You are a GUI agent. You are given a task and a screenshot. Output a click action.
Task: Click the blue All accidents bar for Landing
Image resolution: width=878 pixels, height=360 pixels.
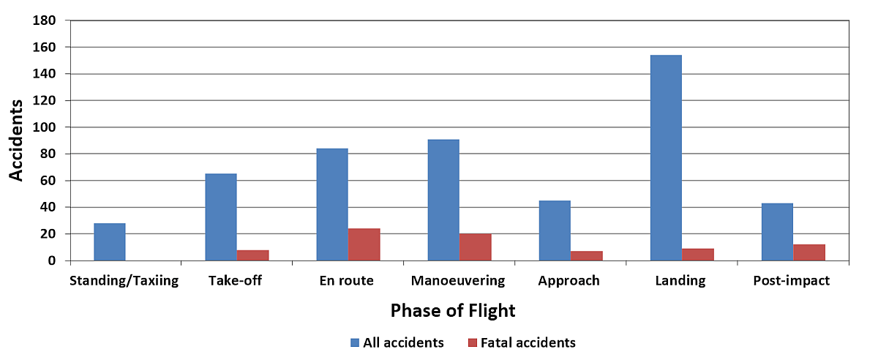665,157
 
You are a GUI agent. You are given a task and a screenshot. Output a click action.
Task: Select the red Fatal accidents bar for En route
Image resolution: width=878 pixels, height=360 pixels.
364,244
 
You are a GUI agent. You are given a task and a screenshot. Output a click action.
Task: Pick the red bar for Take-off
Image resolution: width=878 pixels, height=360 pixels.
252,255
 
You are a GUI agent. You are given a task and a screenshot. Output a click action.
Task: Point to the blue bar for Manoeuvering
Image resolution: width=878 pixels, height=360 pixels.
443,200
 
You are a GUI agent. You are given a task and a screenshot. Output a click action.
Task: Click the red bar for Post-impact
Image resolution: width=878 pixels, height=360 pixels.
808,252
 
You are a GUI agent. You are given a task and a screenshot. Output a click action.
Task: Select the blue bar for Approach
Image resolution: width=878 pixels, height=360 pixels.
554,230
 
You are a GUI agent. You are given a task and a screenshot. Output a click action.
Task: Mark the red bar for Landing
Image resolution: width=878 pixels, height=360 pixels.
697,255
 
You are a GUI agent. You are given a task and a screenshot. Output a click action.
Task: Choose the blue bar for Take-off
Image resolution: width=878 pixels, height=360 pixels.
220,217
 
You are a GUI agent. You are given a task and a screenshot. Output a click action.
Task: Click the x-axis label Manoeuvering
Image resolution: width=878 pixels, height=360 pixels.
458,281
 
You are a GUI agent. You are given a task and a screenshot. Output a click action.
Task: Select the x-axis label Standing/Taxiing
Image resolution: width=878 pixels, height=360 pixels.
124,281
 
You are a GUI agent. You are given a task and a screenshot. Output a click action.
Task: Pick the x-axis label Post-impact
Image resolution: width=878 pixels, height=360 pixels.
792,281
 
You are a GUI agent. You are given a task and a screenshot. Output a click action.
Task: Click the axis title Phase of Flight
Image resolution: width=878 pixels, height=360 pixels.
453,311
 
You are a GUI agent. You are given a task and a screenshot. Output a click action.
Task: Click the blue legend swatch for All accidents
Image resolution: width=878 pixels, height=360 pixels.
356,342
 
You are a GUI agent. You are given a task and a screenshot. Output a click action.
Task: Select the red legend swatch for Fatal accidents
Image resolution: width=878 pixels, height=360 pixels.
472,342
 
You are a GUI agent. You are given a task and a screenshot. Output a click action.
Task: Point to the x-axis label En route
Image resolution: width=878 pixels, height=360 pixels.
347,281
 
